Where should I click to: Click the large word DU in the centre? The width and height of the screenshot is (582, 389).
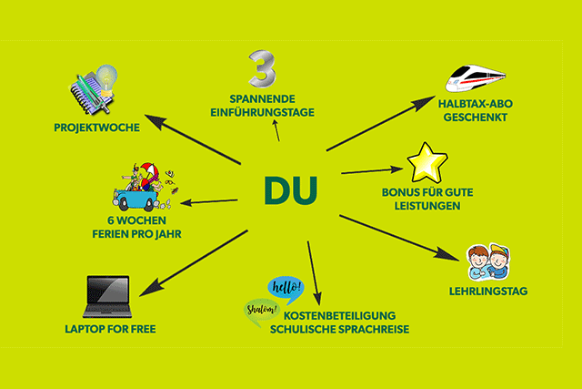[291, 188]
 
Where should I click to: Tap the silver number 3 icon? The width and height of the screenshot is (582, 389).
[263, 71]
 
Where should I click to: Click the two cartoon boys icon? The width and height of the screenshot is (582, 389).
[487, 261]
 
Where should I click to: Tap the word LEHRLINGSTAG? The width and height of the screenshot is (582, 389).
[488, 292]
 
